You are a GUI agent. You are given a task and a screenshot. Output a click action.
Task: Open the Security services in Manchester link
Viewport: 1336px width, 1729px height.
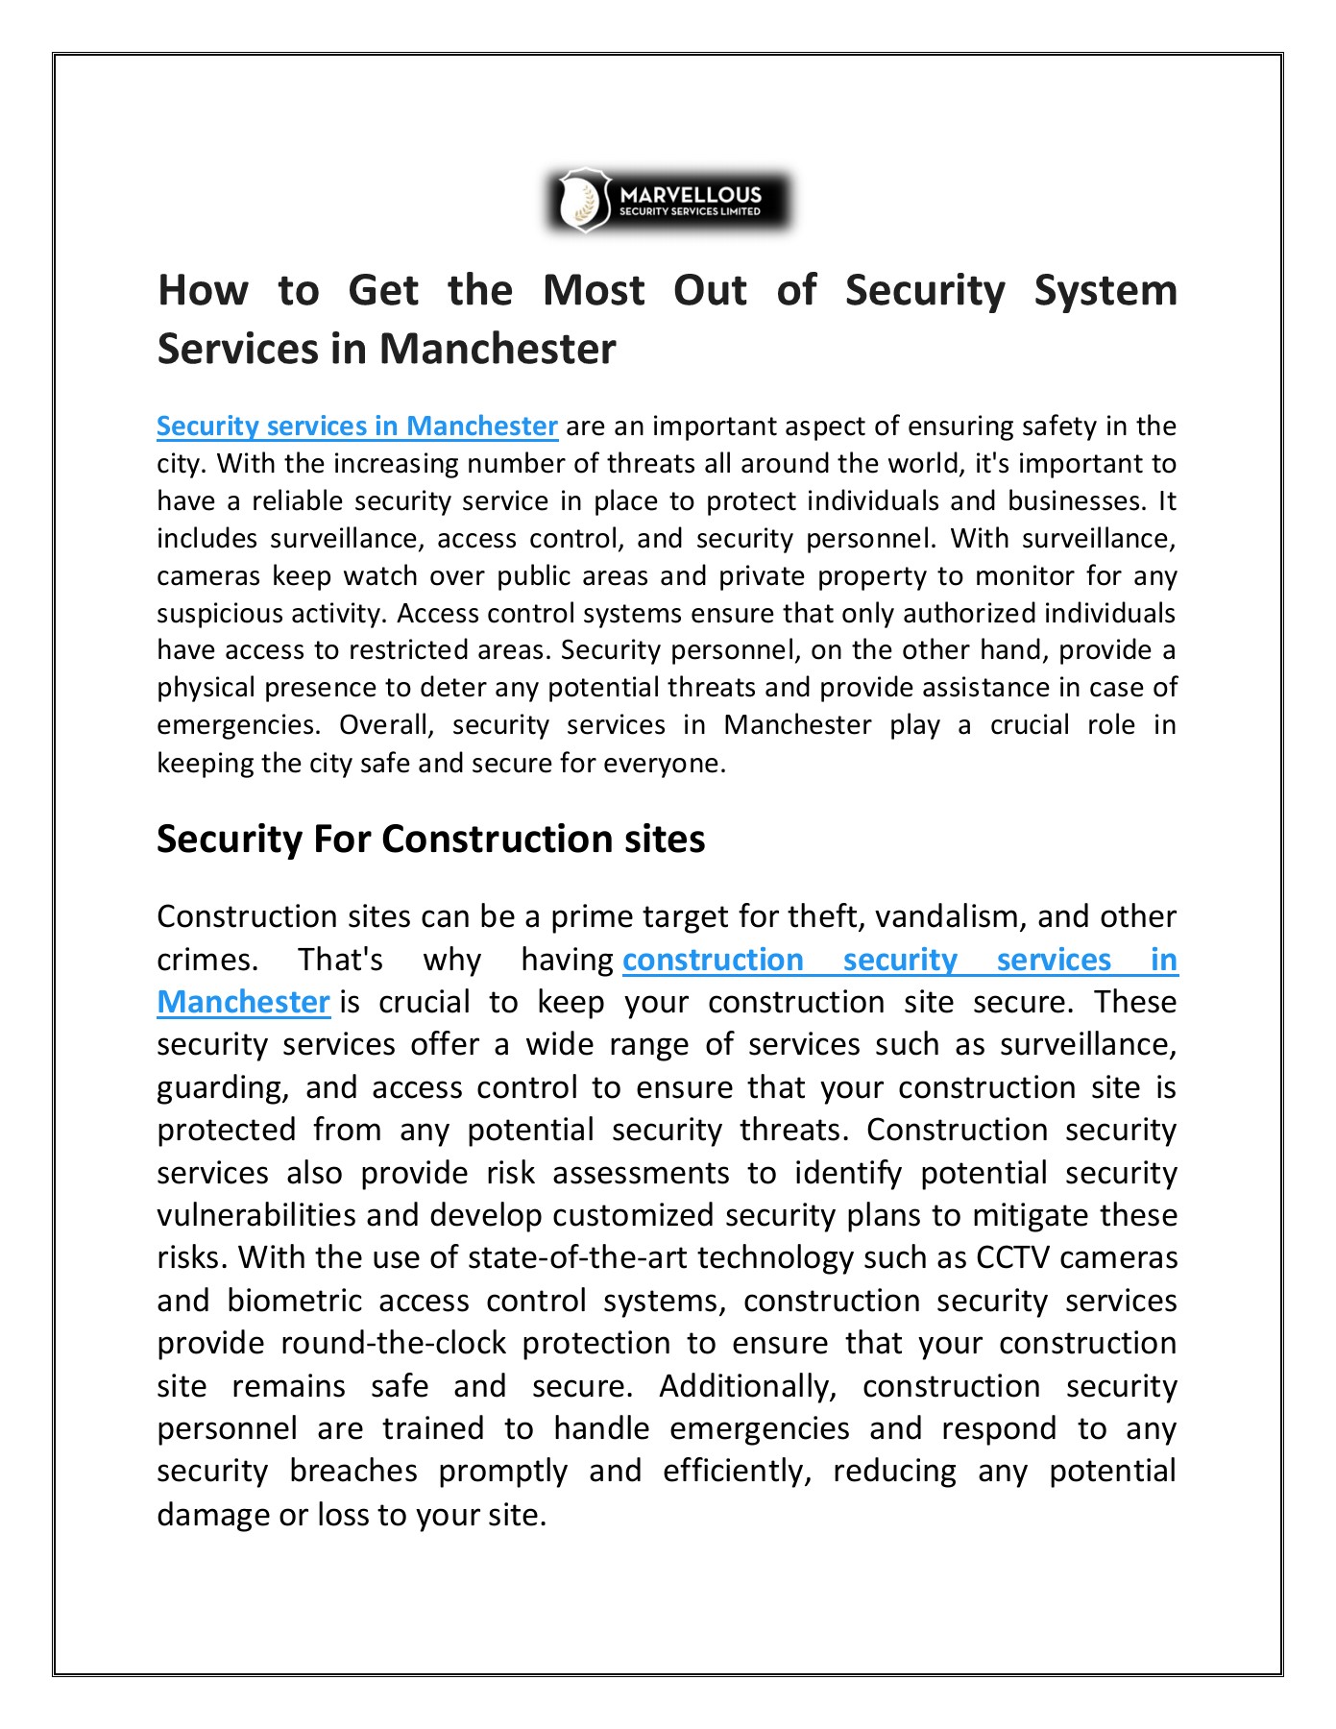[356, 426]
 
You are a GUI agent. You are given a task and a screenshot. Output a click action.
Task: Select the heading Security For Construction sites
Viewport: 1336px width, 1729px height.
[430, 839]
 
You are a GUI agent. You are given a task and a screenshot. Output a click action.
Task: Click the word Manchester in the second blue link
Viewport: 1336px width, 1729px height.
[243, 1002]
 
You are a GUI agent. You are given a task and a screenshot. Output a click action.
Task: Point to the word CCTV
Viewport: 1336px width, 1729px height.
[1012, 1257]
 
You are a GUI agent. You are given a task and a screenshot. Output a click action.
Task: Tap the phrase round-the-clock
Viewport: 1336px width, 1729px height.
[393, 1343]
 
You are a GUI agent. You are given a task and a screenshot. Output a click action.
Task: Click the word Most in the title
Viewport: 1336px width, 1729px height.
[593, 290]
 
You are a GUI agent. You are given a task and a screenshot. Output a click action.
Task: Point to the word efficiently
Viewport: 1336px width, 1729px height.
[737, 1471]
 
